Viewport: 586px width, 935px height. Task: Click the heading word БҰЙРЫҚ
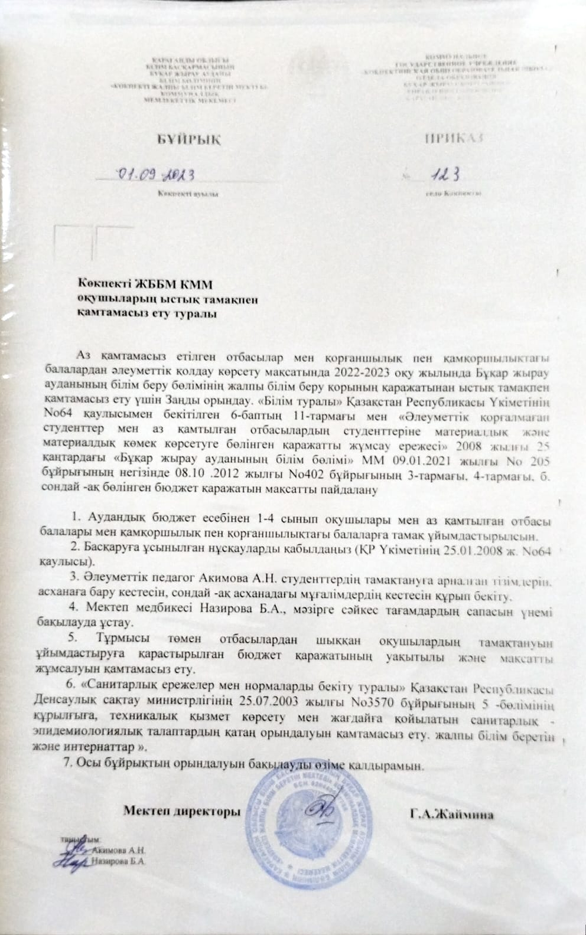point(188,139)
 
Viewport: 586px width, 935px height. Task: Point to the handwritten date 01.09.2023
point(157,174)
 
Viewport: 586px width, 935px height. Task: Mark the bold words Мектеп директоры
point(182,810)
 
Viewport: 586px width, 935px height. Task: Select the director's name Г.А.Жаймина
point(452,815)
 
